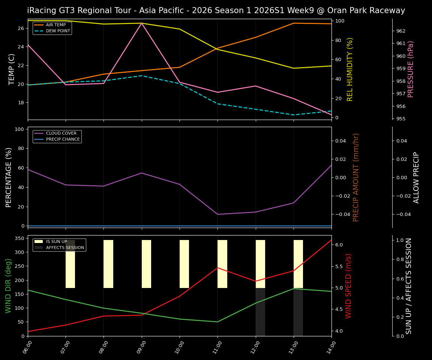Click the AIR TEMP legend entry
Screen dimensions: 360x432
(55, 25)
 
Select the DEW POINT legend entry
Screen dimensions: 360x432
(58, 31)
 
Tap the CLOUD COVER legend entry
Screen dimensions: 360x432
(61, 133)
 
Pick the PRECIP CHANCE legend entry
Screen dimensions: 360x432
(63, 139)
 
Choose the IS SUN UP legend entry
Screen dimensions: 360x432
(57, 241)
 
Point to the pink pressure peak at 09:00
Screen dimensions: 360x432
(142, 23)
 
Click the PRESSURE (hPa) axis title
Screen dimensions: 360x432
(411, 69)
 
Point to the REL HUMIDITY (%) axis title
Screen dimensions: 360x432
(350, 69)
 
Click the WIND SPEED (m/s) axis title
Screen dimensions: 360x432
(349, 286)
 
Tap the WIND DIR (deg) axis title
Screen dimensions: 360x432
(8, 286)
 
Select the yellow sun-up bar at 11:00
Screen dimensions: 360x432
(222, 264)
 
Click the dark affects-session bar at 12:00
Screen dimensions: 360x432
(260, 312)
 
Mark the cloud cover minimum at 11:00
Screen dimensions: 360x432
(217, 214)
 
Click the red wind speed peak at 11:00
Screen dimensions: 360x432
(217, 268)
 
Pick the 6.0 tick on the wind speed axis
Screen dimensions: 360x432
(339, 244)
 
